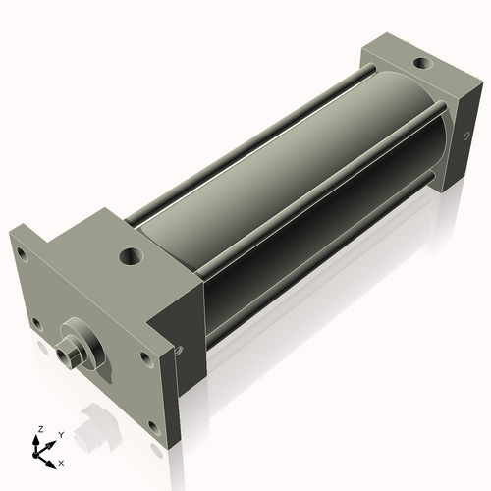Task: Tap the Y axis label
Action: coord(60,434)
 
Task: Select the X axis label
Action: coord(62,461)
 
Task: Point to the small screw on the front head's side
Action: coord(180,346)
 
